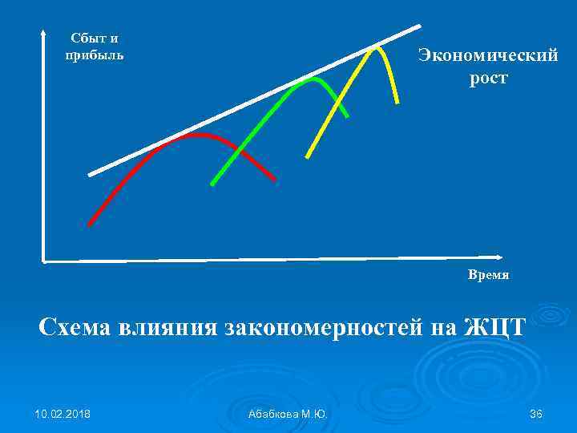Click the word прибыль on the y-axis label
[95, 55]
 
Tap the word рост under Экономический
[488, 79]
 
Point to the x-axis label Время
[488, 275]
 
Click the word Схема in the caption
[77, 327]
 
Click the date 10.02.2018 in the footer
[63, 413]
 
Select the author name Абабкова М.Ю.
[288, 413]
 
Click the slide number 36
[536, 413]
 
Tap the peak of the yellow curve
[375, 47]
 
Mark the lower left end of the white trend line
[90, 174]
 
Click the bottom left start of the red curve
[90, 224]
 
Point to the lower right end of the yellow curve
[397, 101]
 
